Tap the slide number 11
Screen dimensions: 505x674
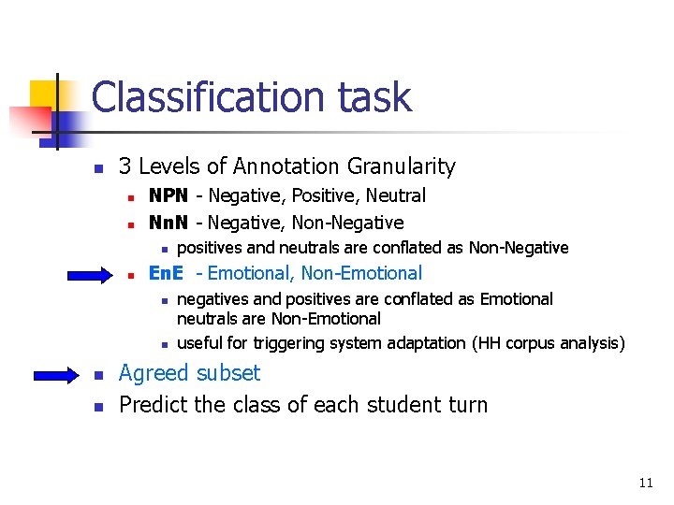pyautogui.click(x=645, y=483)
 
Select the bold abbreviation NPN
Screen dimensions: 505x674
pyautogui.click(x=168, y=195)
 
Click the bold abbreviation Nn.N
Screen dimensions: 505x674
pyautogui.click(x=168, y=223)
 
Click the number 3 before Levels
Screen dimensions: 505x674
pyautogui.click(x=125, y=166)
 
